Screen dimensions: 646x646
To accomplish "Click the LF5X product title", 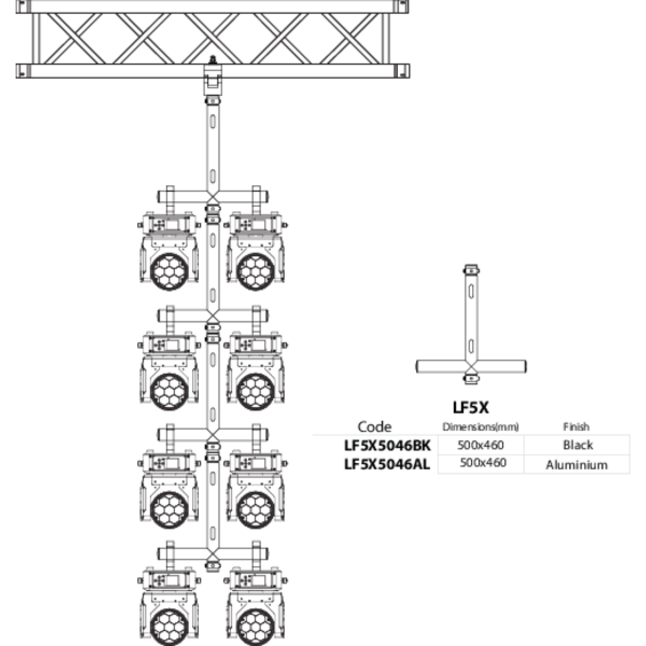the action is (x=471, y=408).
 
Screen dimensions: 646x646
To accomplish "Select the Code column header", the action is (x=375, y=427).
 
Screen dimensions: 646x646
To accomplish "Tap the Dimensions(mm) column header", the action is (x=480, y=427).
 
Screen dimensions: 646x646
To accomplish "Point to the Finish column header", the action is (x=576, y=427).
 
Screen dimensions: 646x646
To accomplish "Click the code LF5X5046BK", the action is (x=387, y=446).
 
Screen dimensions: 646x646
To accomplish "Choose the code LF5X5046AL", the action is (x=387, y=464).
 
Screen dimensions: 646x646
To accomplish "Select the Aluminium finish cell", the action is (x=577, y=465).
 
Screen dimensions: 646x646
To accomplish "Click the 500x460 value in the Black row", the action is (x=481, y=445).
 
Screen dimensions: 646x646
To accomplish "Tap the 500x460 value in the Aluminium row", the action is (x=483, y=462).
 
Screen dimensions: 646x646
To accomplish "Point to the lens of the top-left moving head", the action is (x=169, y=271).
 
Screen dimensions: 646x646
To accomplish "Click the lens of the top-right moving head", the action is (x=256, y=271).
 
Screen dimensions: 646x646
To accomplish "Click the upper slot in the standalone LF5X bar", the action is (x=471, y=291).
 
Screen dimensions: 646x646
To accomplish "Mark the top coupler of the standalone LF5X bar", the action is (x=471, y=270).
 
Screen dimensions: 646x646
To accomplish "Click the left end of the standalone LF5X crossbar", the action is (x=416, y=367).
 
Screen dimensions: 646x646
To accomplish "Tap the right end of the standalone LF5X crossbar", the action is (x=525, y=367).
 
